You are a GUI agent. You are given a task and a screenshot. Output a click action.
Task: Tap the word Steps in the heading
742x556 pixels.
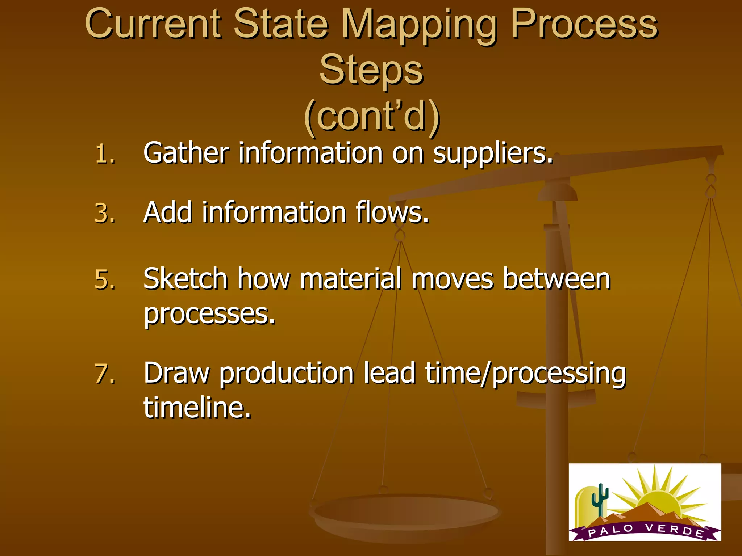pyautogui.click(x=371, y=69)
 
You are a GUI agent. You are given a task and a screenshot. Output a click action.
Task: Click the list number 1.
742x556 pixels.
pyautogui.click(x=105, y=154)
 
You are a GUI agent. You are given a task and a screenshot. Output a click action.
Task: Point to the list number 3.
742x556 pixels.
pyautogui.click(x=105, y=213)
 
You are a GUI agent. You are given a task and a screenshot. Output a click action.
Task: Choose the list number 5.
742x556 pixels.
pyautogui.click(x=105, y=280)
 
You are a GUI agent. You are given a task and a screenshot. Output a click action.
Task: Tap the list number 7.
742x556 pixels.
pyautogui.click(x=105, y=374)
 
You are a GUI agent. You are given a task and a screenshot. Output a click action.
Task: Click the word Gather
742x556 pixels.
pyautogui.click(x=186, y=153)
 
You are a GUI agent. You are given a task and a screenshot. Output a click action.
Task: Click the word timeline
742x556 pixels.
pyautogui.click(x=197, y=408)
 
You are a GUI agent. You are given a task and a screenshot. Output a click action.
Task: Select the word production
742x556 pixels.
pyautogui.click(x=287, y=374)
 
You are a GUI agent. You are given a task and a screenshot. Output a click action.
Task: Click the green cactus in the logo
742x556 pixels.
pyautogui.click(x=600, y=500)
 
